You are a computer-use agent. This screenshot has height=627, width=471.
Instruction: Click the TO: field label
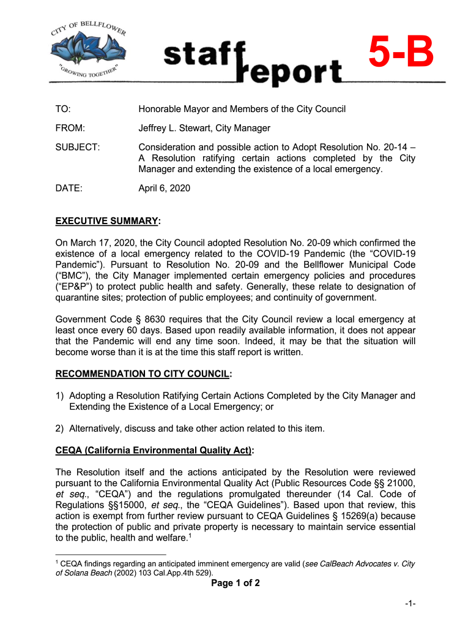pos(63,109)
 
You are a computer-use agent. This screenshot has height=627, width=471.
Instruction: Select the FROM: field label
pos(70,129)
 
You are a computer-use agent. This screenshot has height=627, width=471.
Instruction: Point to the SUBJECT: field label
pos(78,148)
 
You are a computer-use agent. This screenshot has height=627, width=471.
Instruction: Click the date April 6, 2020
pos(165,189)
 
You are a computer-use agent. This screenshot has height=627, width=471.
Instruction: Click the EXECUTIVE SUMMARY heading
pos(108,220)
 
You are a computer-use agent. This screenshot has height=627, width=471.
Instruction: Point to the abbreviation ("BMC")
pos(73,276)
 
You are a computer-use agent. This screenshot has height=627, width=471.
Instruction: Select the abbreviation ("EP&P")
pos(74,287)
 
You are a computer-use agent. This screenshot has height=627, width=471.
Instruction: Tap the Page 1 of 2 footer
pos(236,584)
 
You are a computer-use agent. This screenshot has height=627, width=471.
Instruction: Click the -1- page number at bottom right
pos(410,605)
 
